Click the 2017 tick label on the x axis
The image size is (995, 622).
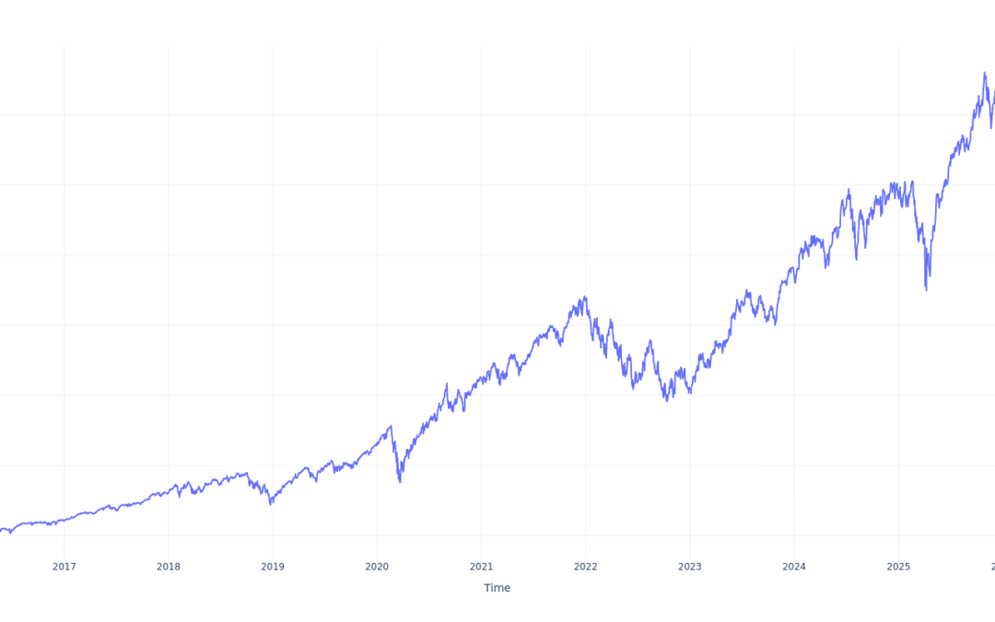click(64, 566)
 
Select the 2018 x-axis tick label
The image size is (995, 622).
click(168, 566)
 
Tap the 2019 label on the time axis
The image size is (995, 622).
click(272, 566)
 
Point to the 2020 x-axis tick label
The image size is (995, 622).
click(377, 566)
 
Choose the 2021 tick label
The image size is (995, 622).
click(481, 566)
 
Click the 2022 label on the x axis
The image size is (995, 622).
click(585, 566)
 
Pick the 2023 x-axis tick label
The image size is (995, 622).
click(690, 566)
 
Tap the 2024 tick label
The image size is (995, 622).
click(794, 566)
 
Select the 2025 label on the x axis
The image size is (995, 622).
click(898, 566)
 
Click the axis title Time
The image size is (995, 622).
click(497, 588)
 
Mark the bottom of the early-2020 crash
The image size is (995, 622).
click(400, 482)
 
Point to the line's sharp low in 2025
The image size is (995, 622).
click(926, 290)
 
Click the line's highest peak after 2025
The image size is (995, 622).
click(985, 73)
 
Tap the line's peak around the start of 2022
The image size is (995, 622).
click(585, 297)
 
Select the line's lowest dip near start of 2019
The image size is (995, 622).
click(271, 504)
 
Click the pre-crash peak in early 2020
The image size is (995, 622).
click(391, 426)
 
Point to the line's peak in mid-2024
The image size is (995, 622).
click(849, 190)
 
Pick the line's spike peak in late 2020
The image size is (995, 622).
click(447, 384)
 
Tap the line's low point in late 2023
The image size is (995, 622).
click(776, 324)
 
